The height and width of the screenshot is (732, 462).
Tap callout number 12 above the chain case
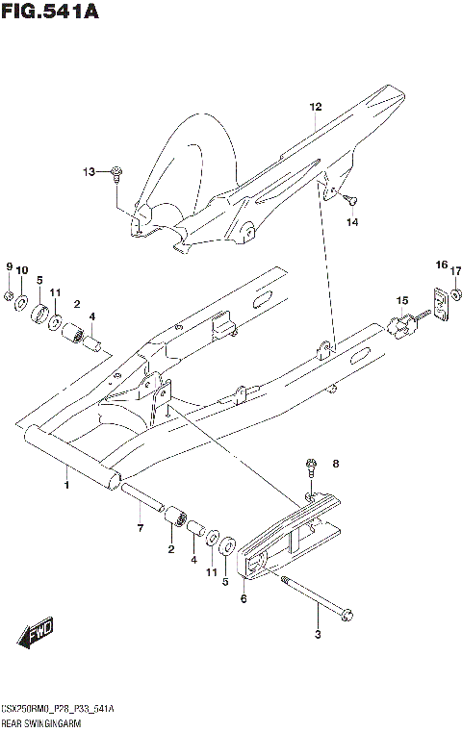click(314, 107)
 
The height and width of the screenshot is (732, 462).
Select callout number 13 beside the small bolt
click(90, 172)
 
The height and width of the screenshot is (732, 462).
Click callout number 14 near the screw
click(351, 221)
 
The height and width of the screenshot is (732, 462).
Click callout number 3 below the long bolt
click(318, 634)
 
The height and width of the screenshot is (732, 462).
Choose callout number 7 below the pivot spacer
click(140, 528)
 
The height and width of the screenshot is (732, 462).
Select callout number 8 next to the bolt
click(335, 465)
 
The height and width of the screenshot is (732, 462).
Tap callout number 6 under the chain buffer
click(244, 599)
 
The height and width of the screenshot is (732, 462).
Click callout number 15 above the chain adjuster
click(402, 300)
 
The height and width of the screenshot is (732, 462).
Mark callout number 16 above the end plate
click(441, 265)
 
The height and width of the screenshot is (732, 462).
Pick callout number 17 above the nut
click(456, 270)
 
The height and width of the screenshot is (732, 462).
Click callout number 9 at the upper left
click(9, 266)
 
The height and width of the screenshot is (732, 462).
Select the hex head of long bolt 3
click(348, 612)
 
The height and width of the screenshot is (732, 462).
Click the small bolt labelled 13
click(116, 173)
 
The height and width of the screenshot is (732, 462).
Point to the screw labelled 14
click(349, 200)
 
